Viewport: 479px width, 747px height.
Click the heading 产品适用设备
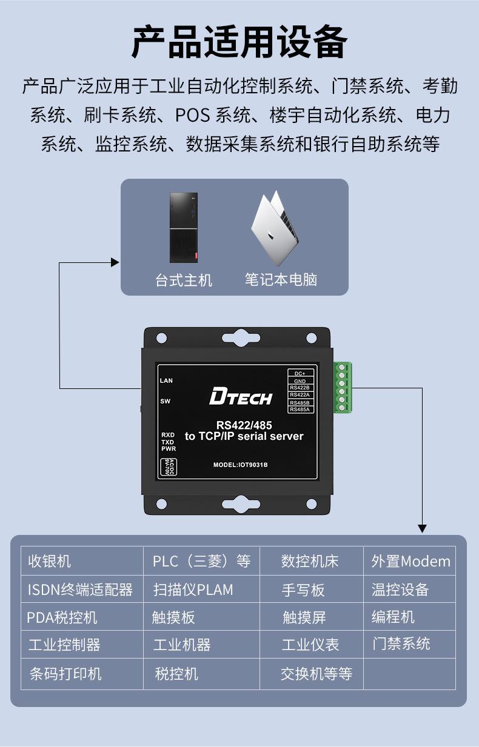point(239,42)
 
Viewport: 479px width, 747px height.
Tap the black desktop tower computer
point(184,227)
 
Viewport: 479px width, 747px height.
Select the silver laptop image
point(275,228)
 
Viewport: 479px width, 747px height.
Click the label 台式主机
point(184,280)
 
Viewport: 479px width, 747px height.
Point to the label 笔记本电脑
point(281,279)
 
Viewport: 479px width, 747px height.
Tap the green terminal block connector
point(343,388)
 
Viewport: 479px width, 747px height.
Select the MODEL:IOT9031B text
point(240,465)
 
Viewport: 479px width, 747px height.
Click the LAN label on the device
point(166,380)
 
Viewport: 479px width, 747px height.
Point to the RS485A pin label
point(300,410)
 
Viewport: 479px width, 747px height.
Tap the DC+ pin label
point(300,373)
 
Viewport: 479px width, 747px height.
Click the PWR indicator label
point(169,449)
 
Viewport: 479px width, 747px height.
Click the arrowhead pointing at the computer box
point(115,262)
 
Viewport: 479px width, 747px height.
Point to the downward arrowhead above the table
point(422,529)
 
